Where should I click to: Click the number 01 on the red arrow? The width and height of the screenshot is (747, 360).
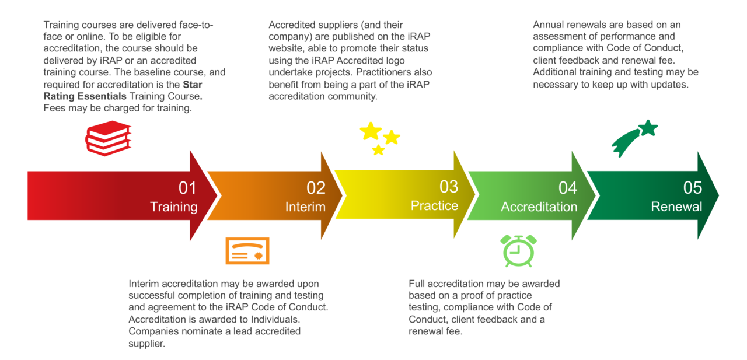point(188,188)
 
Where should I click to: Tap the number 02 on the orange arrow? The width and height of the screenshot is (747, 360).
point(316,188)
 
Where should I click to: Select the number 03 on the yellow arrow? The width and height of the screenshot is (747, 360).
point(449,187)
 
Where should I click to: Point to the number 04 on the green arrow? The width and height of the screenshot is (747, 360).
point(568,188)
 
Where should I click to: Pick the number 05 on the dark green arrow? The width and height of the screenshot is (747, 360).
point(693,188)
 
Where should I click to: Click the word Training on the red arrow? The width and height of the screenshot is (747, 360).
point(174,207)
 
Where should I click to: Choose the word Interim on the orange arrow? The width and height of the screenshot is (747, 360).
point(305,207)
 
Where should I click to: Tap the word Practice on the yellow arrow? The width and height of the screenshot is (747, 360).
point(434,206)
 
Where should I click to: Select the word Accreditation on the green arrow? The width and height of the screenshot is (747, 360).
point(539,207)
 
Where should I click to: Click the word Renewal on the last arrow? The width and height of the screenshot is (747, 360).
point(677,207)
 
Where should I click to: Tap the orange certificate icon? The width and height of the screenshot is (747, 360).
point(247,251)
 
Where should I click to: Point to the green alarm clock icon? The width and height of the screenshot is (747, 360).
point(519,250)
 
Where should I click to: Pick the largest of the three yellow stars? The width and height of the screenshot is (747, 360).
point(371,131)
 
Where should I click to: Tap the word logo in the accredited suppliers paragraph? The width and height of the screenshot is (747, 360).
point(393,61)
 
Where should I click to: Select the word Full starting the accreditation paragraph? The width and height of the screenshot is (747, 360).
point(418,284)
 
